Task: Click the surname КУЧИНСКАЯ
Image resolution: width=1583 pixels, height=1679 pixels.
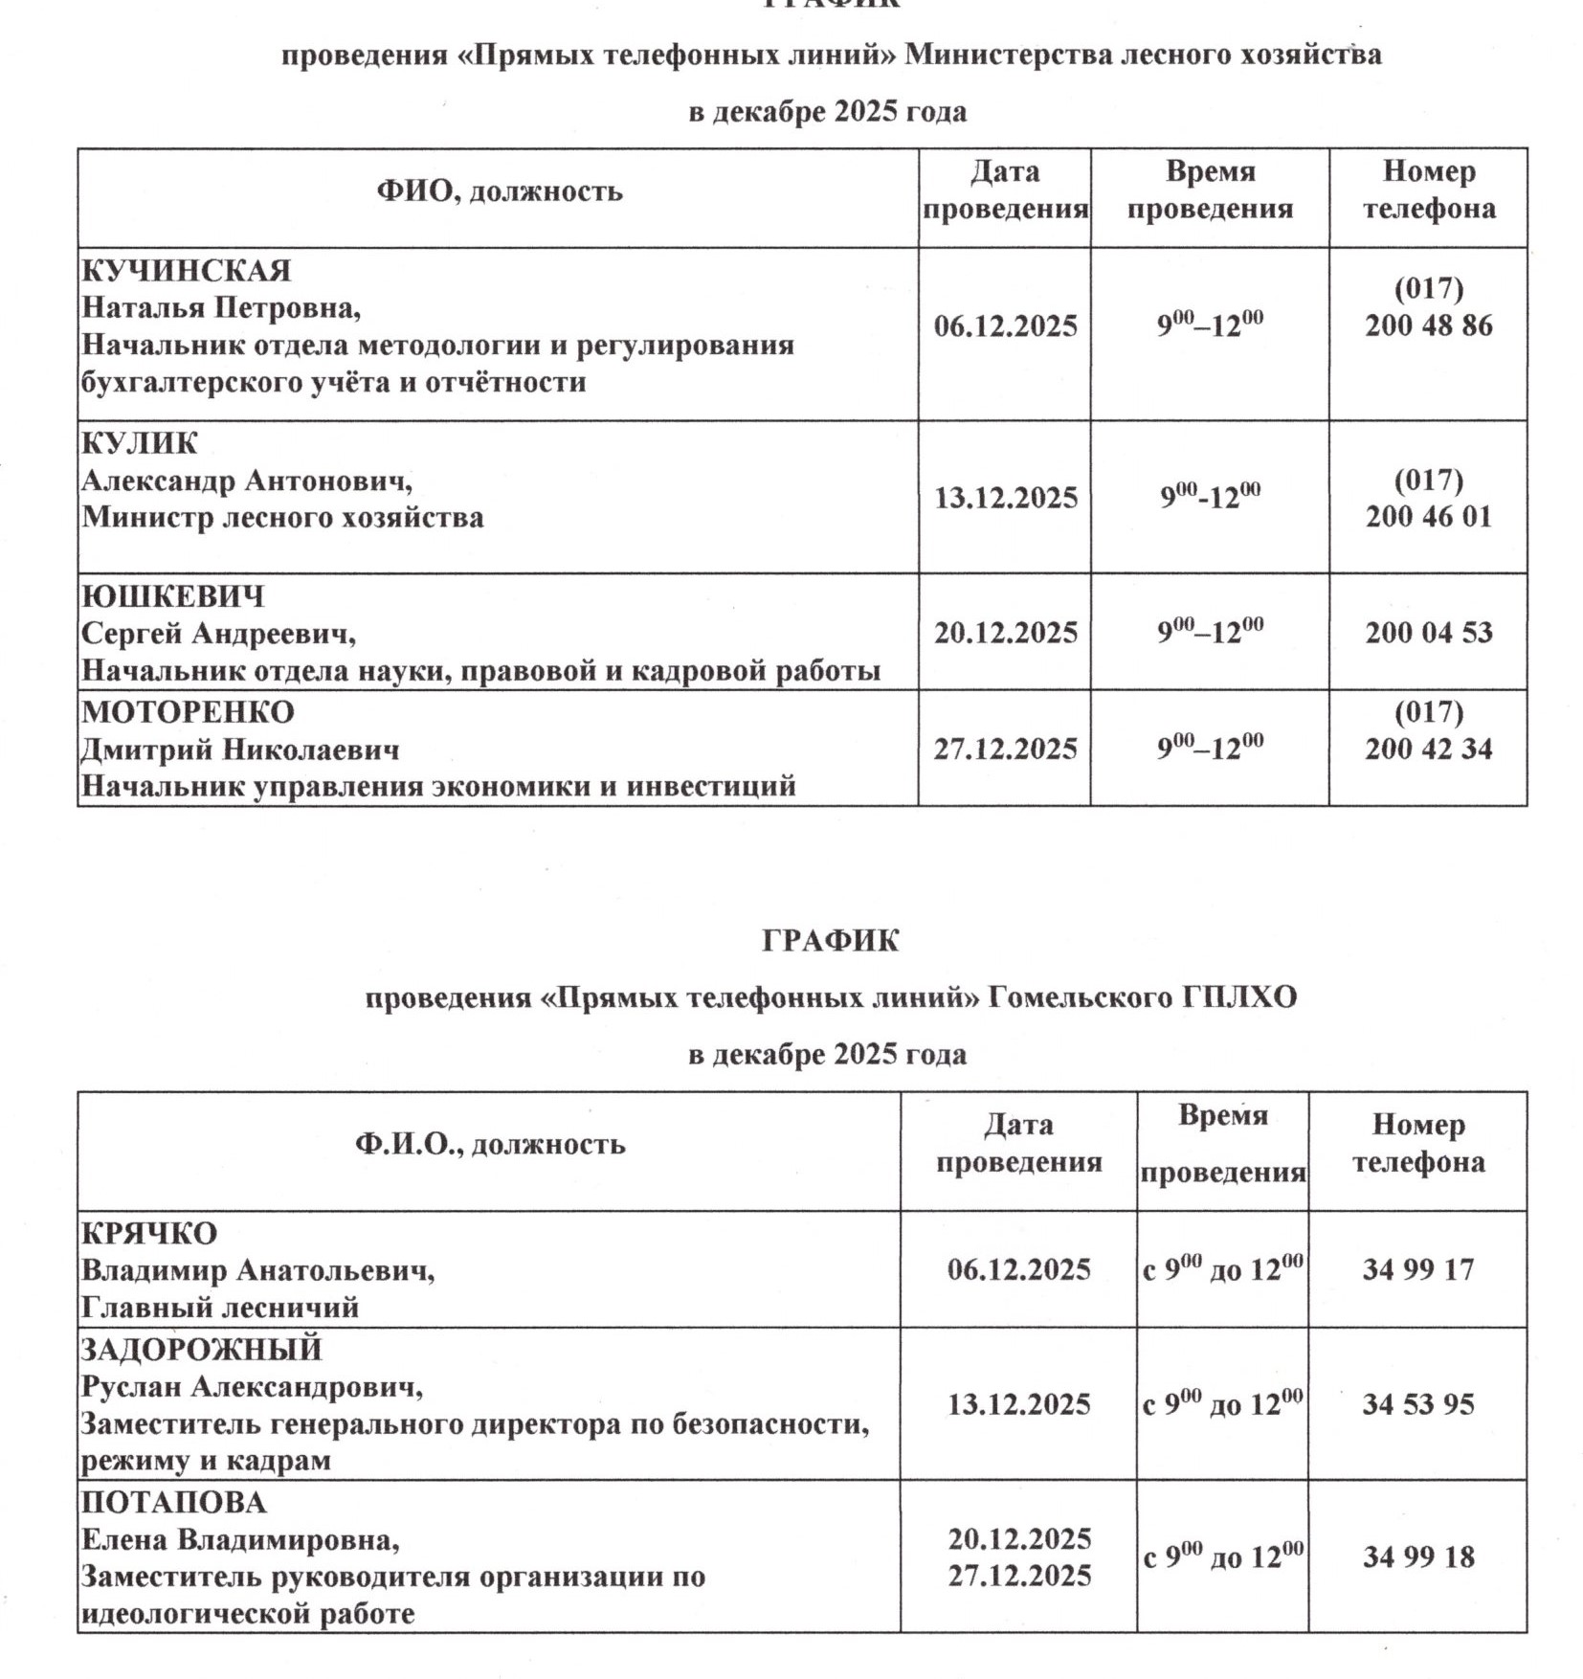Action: click(186, 271)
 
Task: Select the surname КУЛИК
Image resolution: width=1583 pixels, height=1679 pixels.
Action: click(140, 443)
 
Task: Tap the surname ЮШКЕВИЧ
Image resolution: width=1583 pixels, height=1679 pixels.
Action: click(172, 596)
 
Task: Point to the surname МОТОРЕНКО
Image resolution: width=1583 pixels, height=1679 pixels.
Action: click(188, 712)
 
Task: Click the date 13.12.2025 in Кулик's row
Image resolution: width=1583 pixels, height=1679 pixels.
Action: click(1005, 498)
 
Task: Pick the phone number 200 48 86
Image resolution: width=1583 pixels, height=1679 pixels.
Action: click(1428, 325)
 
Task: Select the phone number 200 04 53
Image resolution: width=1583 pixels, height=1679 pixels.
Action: click(1428, 633)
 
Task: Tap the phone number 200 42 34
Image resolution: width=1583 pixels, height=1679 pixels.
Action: click(1428, 749)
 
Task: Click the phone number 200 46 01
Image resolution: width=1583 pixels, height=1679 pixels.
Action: click(1428, 517)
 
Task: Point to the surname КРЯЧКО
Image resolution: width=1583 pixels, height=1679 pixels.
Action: click(149, 1233)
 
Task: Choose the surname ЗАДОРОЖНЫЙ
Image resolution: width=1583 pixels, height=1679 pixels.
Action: click(201, 1350)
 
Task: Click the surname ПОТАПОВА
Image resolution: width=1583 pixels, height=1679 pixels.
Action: click(173, 1503)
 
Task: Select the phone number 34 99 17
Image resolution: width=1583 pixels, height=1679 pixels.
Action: click(1417, 1270)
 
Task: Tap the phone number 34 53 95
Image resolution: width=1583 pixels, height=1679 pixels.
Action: click(1417, 1405)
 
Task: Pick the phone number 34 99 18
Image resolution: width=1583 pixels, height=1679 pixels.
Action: click(1417, 1557)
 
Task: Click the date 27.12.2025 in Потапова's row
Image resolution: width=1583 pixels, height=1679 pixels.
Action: click(1018, 1576)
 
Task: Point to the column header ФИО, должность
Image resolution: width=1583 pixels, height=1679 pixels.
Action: click(499, 191)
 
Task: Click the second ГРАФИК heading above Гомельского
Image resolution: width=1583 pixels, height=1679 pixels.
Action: click(830, 942)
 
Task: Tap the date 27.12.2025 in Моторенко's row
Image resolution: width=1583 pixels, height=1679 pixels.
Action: click(1005, 749)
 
